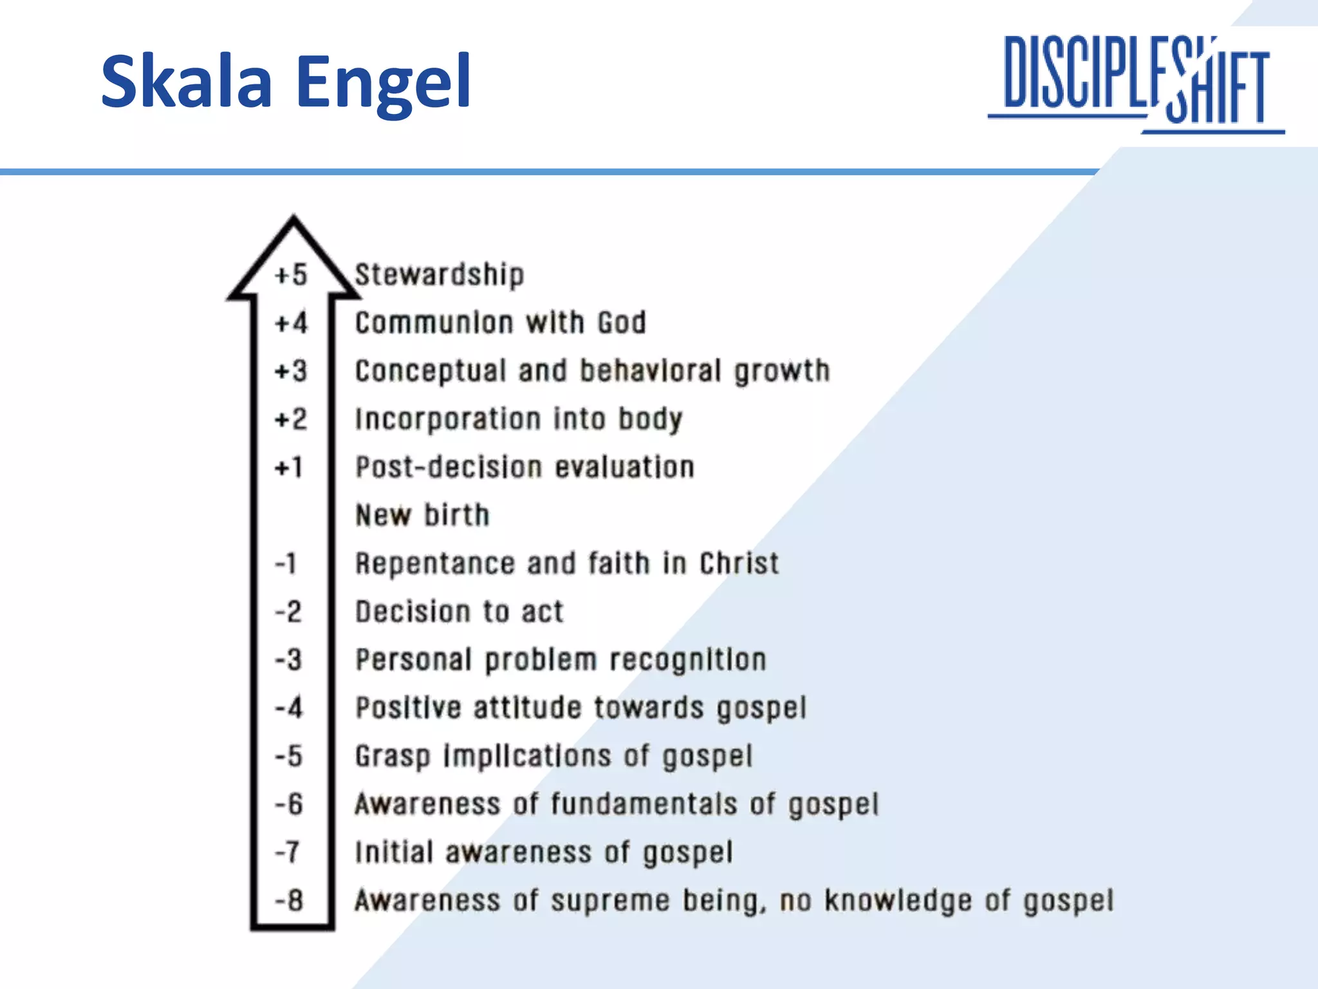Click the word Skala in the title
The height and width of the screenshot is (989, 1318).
coord(187,82)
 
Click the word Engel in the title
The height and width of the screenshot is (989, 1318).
coord(384,82)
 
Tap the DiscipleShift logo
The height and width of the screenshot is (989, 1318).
coord(1137,82)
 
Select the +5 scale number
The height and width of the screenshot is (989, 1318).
coord(291,275)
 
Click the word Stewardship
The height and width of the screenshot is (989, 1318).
coord(440,275)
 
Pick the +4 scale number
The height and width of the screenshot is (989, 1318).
coord(292,323)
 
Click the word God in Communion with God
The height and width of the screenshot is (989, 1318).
coord(621,323)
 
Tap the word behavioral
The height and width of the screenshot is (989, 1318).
coord(650,371)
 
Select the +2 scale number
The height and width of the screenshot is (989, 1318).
coord(291,419)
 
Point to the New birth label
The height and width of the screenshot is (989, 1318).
coord(422,515)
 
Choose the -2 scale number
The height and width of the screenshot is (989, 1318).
coord(288,612)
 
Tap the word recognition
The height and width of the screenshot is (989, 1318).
coord(688,660)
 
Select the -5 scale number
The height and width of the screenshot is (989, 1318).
coord(289,756)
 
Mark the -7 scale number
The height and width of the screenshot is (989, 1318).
coord(288,852)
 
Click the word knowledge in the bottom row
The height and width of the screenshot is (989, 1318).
coord(898,901)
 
